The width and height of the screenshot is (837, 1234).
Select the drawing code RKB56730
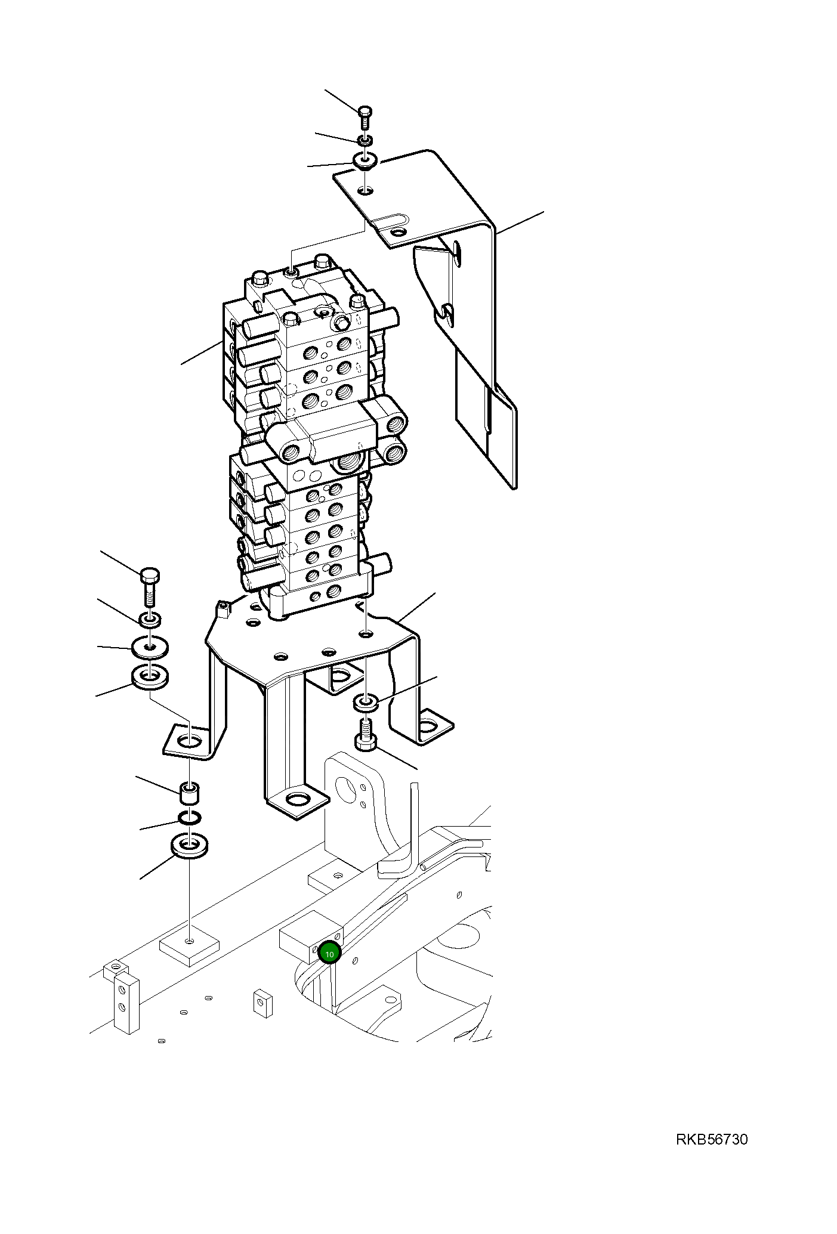coord(711,1140)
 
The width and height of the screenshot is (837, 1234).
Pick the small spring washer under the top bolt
coord(365,140)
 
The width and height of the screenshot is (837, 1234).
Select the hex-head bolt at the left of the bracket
coord(150,587)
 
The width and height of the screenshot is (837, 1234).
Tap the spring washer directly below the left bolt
coord(150,620)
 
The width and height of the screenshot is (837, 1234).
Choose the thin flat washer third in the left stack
coord(149,647)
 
